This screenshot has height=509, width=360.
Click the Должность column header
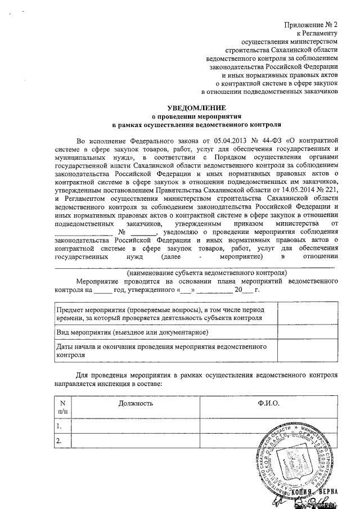pyautogui.click(x=136, y=403)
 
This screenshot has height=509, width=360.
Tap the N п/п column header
pyautogui.click(x=62, y=407)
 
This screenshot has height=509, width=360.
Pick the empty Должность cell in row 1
pyautogui.click(x=136, y=426)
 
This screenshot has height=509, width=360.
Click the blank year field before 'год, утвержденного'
pyautogui.click(x=103, y=291)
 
